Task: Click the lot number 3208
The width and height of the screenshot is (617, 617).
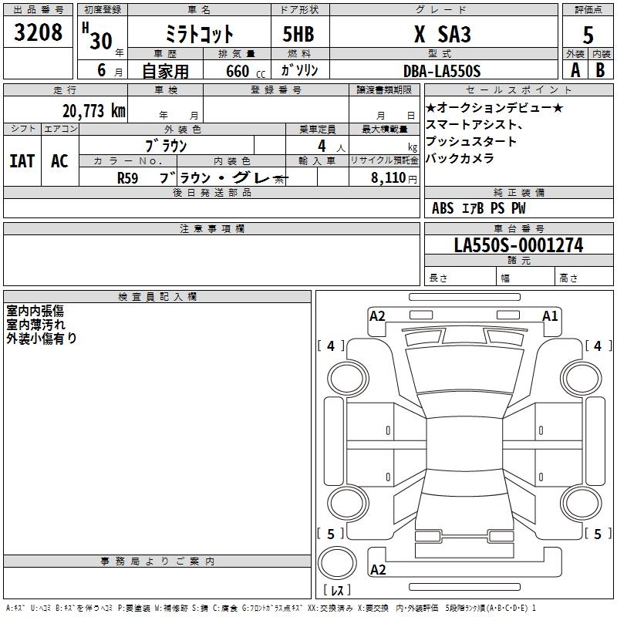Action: pos(39,32)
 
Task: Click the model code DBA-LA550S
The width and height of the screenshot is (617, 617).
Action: pos(442,70)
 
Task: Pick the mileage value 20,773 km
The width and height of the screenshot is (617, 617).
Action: pos(94,110)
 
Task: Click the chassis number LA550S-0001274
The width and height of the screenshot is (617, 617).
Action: pos(518,245)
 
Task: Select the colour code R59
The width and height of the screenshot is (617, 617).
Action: pos(129,177)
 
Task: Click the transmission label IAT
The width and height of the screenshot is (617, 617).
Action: pos(22,160)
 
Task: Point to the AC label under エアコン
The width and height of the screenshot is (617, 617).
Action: pos(59,160)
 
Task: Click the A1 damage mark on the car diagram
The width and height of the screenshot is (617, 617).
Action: pos(550,315)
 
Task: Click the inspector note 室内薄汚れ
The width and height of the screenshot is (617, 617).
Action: pos(35,324)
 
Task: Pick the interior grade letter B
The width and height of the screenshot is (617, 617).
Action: pos(600,70)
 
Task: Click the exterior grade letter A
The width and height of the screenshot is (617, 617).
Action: pos(575,70)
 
